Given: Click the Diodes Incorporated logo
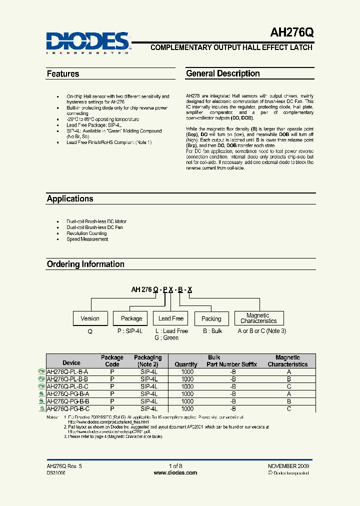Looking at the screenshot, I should click(x=88, y=42).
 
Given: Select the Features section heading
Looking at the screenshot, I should click(x=63, y=73).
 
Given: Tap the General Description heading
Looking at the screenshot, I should click(x=222, y=73).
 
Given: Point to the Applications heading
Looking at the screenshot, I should click(x=70, y=198).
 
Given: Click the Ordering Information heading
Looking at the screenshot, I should click(x=85, y=264).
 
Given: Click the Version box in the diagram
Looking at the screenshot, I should click(x=90, y=318).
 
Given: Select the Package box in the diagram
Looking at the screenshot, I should click(x=131, y=318).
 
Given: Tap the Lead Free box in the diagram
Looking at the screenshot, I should click(x=171, y=318).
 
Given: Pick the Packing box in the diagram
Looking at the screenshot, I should click(x=211, y=318).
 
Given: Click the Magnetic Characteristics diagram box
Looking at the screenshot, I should click(x=258, y=318).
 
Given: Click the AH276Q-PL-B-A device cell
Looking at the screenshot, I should click(x=67, y=372).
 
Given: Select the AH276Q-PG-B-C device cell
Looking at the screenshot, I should click(x=67, y=408).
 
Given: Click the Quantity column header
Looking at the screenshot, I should click(x=186, y=364).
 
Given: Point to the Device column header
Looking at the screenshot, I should click(x=71, y=363).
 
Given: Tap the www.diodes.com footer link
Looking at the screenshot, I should click(x=179, y=472).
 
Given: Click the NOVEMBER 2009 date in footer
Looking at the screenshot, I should click(x=288, y=465).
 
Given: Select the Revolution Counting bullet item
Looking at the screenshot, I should click(x=86, y=233).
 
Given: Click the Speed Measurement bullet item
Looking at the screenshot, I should click(x=87, y=239).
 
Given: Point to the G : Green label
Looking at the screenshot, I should click(x=166, y=338).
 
